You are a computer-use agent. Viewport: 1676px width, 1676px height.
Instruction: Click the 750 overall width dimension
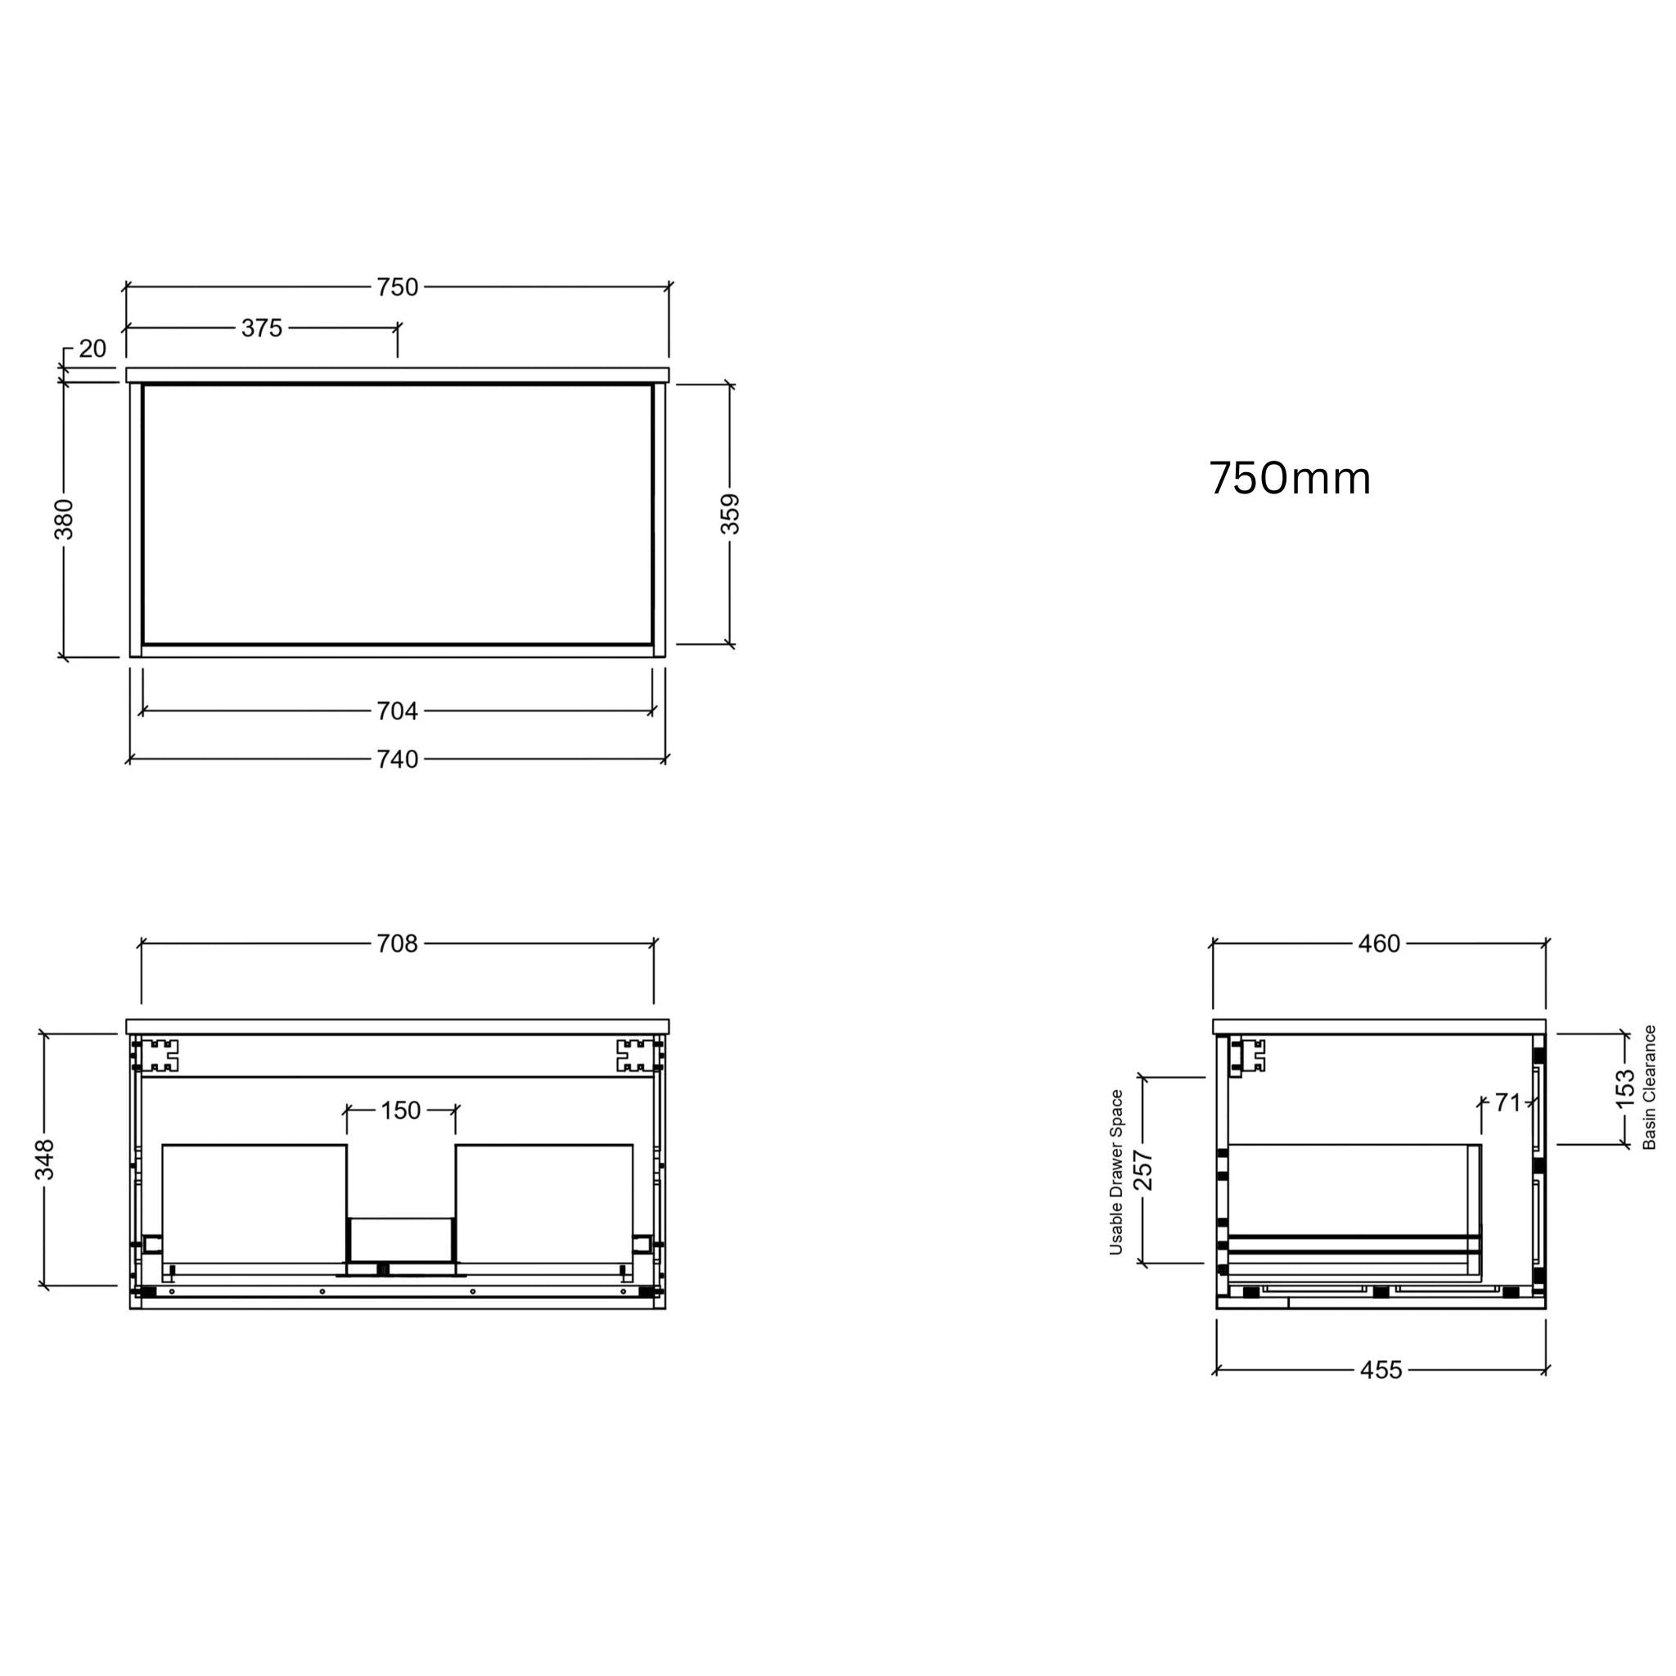pos(397,287)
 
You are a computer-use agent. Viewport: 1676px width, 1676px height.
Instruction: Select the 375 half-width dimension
pos(261,328)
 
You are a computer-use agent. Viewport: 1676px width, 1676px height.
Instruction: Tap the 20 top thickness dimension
pos(92,349)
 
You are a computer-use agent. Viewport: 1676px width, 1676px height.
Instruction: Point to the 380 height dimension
pos(64,519)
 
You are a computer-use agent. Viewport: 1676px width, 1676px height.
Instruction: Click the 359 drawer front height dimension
pos(731,514)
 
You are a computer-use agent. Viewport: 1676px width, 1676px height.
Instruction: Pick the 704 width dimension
pos(397,711)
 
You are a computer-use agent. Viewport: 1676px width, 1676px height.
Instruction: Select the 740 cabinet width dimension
pos(397,760)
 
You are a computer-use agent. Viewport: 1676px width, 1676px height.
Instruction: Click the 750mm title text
pos(1289,479)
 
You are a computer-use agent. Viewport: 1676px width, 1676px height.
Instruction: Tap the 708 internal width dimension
pos(397,944)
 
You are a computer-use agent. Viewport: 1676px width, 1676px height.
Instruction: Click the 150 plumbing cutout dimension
pos(401,1111)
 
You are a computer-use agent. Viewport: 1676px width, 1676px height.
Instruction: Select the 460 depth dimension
pos(1379,944)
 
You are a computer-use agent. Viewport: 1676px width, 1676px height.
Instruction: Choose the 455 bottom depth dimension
pos(1381,1371)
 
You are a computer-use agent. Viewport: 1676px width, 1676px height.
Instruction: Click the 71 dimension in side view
pos(1507,1103)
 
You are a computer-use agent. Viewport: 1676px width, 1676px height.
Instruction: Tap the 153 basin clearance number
pos(1624,1088)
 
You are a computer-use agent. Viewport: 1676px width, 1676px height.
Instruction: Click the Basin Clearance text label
pos(1650,1088)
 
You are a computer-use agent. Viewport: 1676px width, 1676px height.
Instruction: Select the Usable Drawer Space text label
pos(1116,1172)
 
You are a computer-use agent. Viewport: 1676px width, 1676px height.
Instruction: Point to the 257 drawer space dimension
pos(1143,1169)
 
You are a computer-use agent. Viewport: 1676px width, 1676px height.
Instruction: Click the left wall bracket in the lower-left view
pos(160,1056)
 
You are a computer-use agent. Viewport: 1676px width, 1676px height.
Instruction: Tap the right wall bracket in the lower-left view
pos(634,1056)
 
